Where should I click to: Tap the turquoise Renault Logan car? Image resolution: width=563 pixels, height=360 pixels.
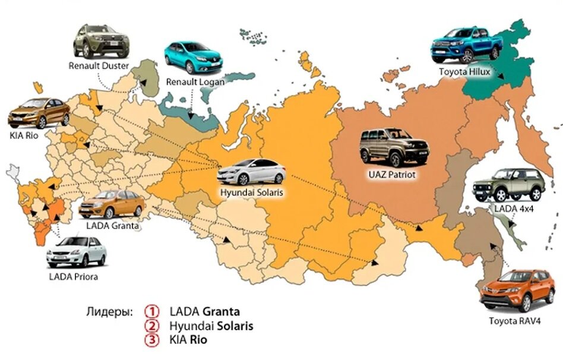click(191, 57)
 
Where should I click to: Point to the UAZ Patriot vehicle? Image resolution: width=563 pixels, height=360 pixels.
click(394, 148)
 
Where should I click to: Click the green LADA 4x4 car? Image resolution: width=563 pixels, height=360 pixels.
click(508, 185)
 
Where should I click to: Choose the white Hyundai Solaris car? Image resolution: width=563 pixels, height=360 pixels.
click(251, 172)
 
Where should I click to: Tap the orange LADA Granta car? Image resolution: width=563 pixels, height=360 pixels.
click(112, 205)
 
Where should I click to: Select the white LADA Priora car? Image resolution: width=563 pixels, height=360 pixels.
click(77, 252)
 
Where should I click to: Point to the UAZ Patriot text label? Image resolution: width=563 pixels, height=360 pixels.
click(393, 175)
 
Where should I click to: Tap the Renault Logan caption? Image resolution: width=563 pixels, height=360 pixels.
click(195, 81)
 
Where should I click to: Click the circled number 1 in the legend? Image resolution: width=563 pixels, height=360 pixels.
click(154, 311)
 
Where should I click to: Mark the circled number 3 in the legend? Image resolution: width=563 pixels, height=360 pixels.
click(154, 340)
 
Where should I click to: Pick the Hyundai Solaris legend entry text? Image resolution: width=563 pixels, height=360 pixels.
click(211, 326)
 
